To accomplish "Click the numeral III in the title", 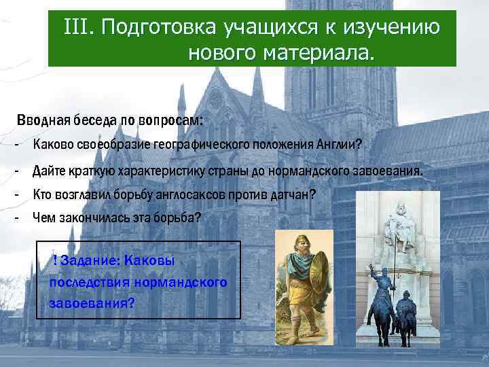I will coord(77,28).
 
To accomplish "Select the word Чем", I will coord(44,218).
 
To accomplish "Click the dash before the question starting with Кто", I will coord(15,194).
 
